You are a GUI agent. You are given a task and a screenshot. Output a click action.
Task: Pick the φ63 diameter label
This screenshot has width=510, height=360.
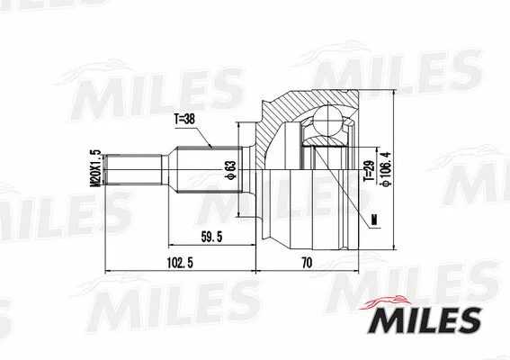coord(230,171)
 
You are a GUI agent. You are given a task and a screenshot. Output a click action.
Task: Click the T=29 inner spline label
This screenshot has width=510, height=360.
coord(367,171)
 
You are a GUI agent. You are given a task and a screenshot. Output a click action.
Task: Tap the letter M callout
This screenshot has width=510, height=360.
coord(371,219)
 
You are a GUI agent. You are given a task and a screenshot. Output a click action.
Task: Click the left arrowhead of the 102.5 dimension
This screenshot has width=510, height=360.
coord(108,269)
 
